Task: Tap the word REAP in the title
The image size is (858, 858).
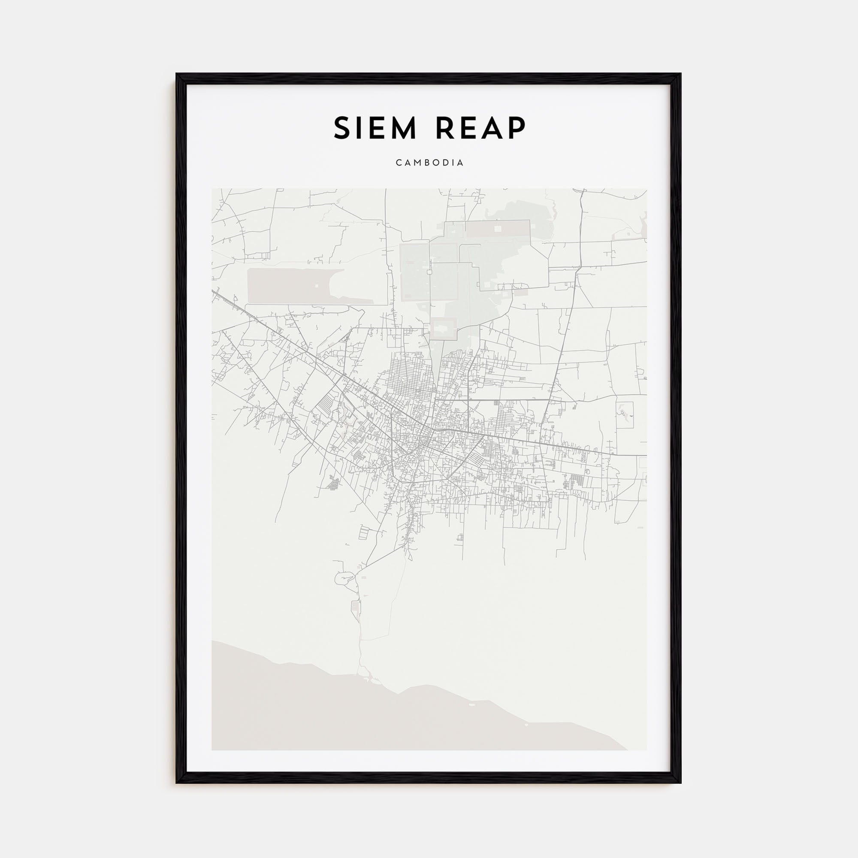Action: click(481, 128)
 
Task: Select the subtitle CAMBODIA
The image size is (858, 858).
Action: click(429, 163)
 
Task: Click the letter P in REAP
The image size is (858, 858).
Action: click(517, 128)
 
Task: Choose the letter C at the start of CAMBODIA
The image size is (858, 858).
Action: click(399, 163)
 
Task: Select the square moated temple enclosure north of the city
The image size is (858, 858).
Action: click(444, 329)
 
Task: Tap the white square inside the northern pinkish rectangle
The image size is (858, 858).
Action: click(498, 229)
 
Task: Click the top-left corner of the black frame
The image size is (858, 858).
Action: click(177, 74)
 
